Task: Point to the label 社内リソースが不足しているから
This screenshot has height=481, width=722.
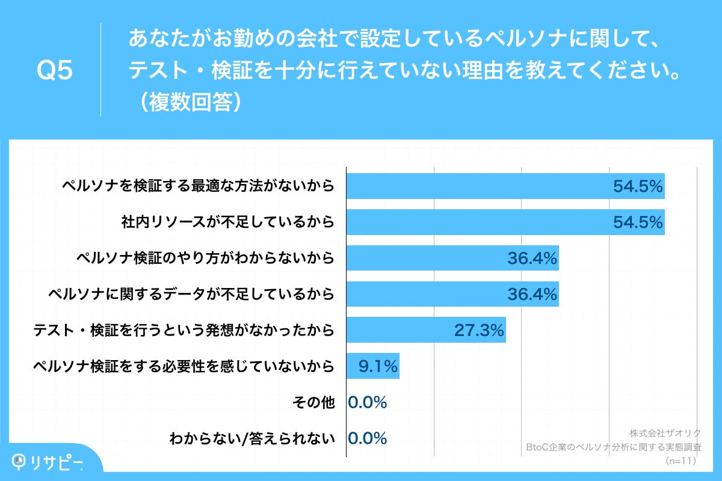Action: click(x=227, y=222)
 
